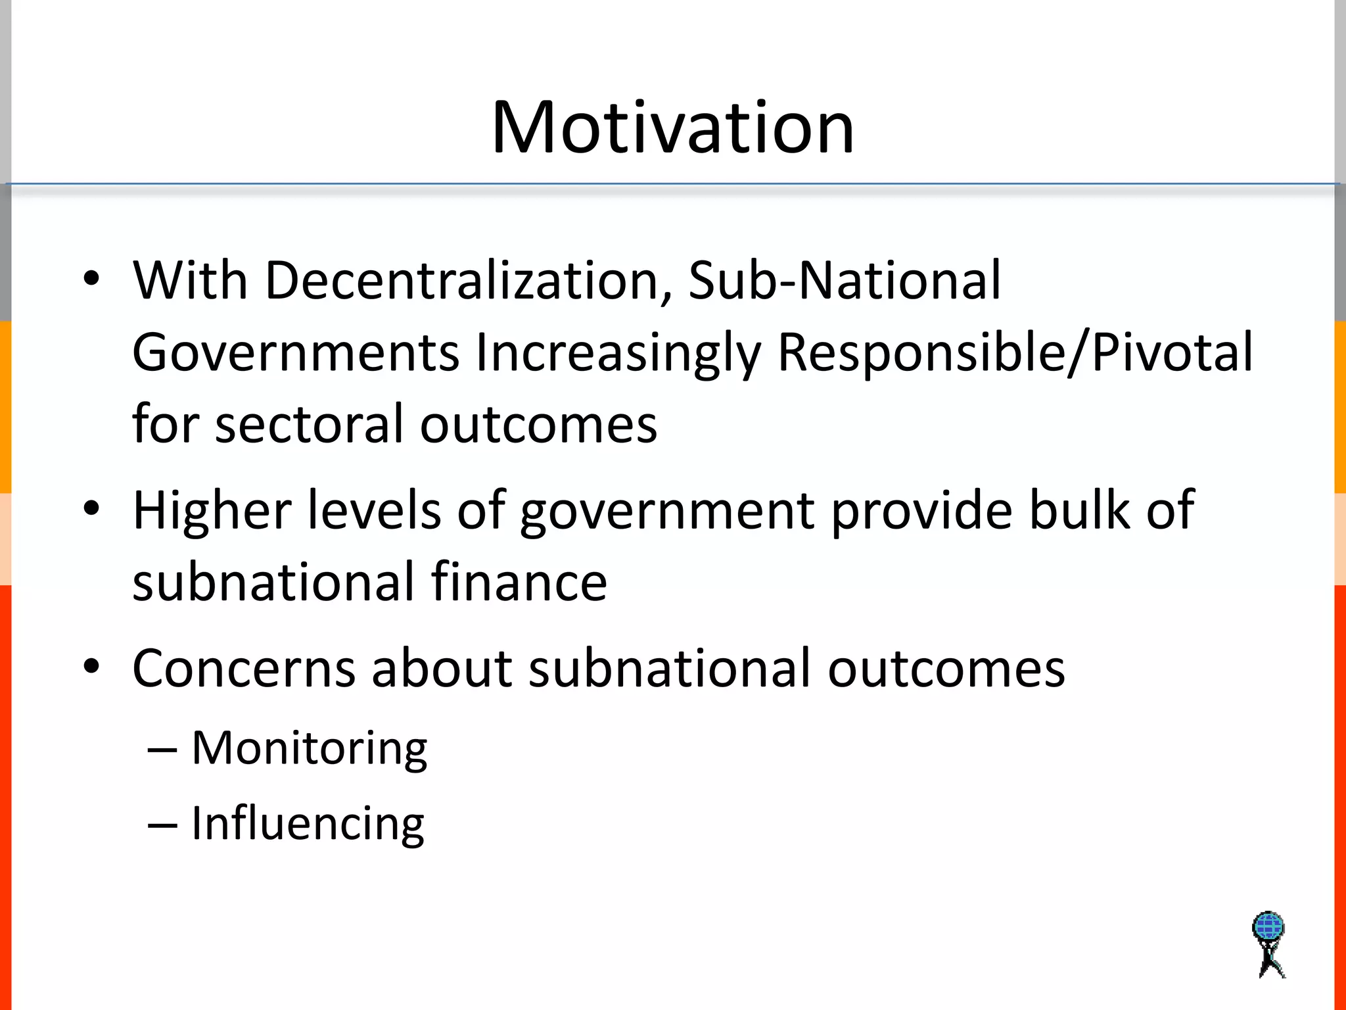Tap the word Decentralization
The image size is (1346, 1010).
(x=468, y=281)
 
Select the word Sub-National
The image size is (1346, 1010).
(x=845, y=281)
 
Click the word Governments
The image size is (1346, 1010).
(x=295, y=353)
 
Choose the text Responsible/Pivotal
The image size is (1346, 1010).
(x=1015, y=353)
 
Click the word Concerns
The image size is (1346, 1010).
(x=244, y=669)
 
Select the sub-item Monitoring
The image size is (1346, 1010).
(x=309, y=748)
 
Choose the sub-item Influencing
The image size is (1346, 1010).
(x=308, y=823)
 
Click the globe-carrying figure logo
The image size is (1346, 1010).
(x=1268, y=944)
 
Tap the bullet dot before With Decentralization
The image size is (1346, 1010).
(x=91, y=278)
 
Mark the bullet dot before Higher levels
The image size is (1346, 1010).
(x=91, y=508)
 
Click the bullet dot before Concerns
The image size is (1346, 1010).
(x=91, y=666)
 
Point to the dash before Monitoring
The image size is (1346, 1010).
(x=162, y=750)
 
